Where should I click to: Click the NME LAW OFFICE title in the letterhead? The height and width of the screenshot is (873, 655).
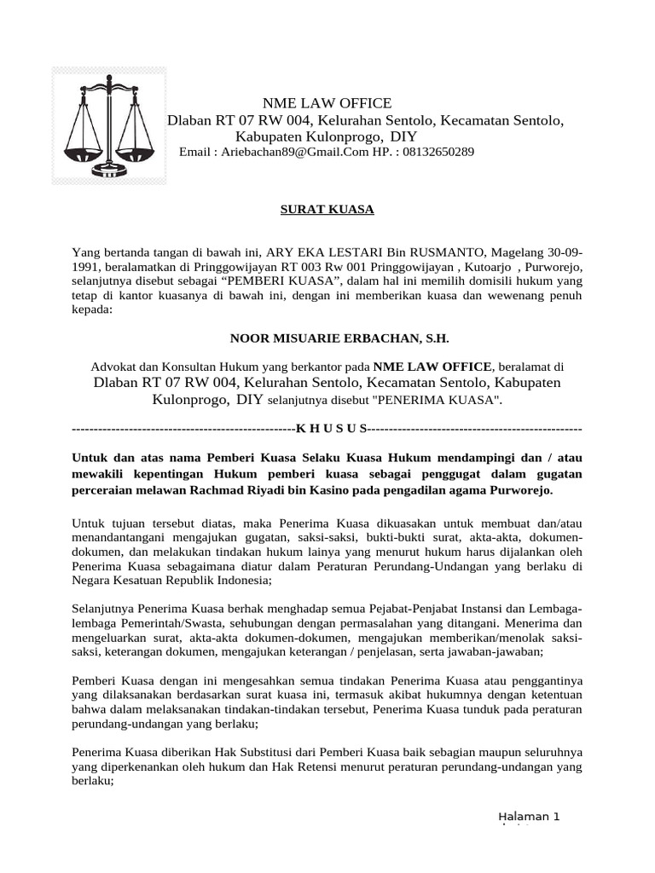(x=315, y=103)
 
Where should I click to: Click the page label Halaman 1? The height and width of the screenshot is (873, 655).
(x=529, y=817)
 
